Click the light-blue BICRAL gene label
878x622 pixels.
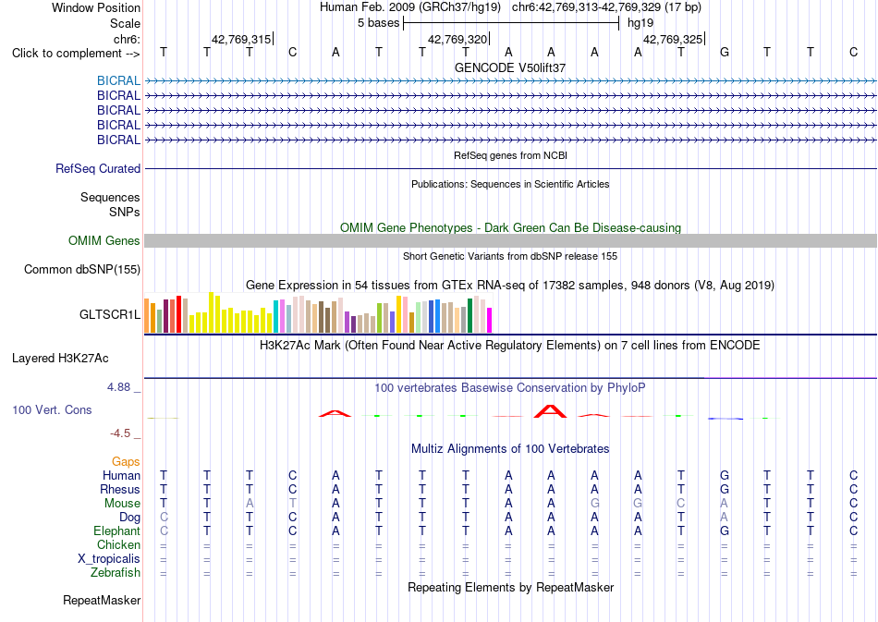pyautogui.click(x=118, y=80)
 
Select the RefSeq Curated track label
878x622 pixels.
pyautogui.click(x=98, y=168)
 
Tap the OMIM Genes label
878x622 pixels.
pyautogui.click(x=104, y=240)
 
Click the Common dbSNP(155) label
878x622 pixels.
pyautogui.click(x=82, y=269)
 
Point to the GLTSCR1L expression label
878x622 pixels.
pyautogui.click(x=110, y=314)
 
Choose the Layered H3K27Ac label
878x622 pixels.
pyautogui.click(x=60, y=359)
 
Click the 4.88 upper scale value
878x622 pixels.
pyautogui.click(x=118, y=387)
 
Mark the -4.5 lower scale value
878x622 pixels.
pyautogui.click(x=120, y=433)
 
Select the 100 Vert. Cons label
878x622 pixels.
pyautogui.click(x=52, y=409)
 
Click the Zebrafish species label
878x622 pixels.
pyautogui.click(x=116, y=573)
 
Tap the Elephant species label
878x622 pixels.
pyautogui.click(x=117, y=531)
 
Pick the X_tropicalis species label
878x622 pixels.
pyautogui.click(x=109, y=559)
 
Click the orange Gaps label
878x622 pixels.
pyautogui.click(x=126, y=461)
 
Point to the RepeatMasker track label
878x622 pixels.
pyautogui.click(x=102, y=600)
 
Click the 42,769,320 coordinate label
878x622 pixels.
pyautogui.click(x=457, y=39)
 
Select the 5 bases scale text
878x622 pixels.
pyautogui.click(x=379, y=23)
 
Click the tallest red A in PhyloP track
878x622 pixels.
pyautogui.click(x=551, y=411)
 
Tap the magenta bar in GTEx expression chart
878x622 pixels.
pyautogui.click(x=489, y=320)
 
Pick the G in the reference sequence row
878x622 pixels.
pyautogui.click(x=724, y=53)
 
